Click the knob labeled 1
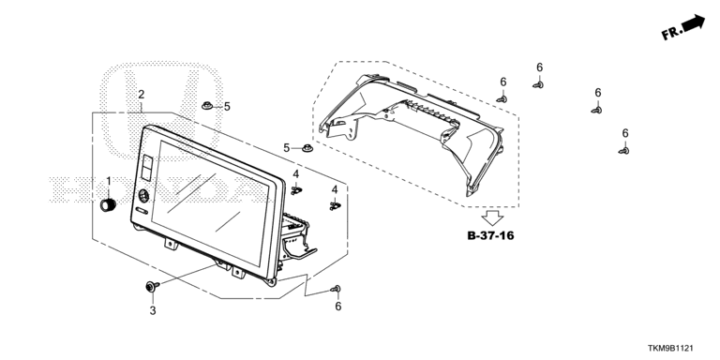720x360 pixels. click(108, 204)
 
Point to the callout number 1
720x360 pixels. click(109, 181)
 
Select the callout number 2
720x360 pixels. click(142, 95)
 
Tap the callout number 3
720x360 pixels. click(153, 311)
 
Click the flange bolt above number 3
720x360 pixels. click(152, 287)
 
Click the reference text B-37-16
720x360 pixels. click(490, 236)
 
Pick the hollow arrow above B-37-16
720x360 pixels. click(493, 217)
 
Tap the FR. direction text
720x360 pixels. click(671, 33)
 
